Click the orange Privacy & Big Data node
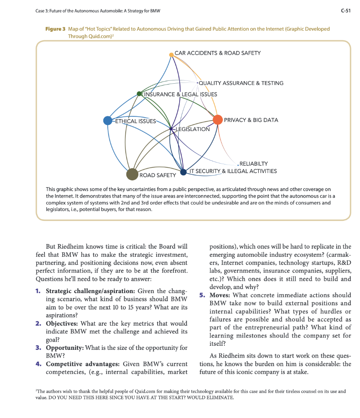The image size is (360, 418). tap(218, 120)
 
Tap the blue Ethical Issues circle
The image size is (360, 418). tap(108, 120)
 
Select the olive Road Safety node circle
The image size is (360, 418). tap(132, 174)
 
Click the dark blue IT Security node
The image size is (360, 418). tap(183, 172)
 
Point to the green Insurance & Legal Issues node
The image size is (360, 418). tap(140, 94)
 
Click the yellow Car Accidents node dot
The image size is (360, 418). tap(171, 54)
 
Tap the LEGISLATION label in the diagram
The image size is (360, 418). tap(192, 129)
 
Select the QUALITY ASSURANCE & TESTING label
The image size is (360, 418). tap(241, 83)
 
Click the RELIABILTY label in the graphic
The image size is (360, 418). tap(257, 164)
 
